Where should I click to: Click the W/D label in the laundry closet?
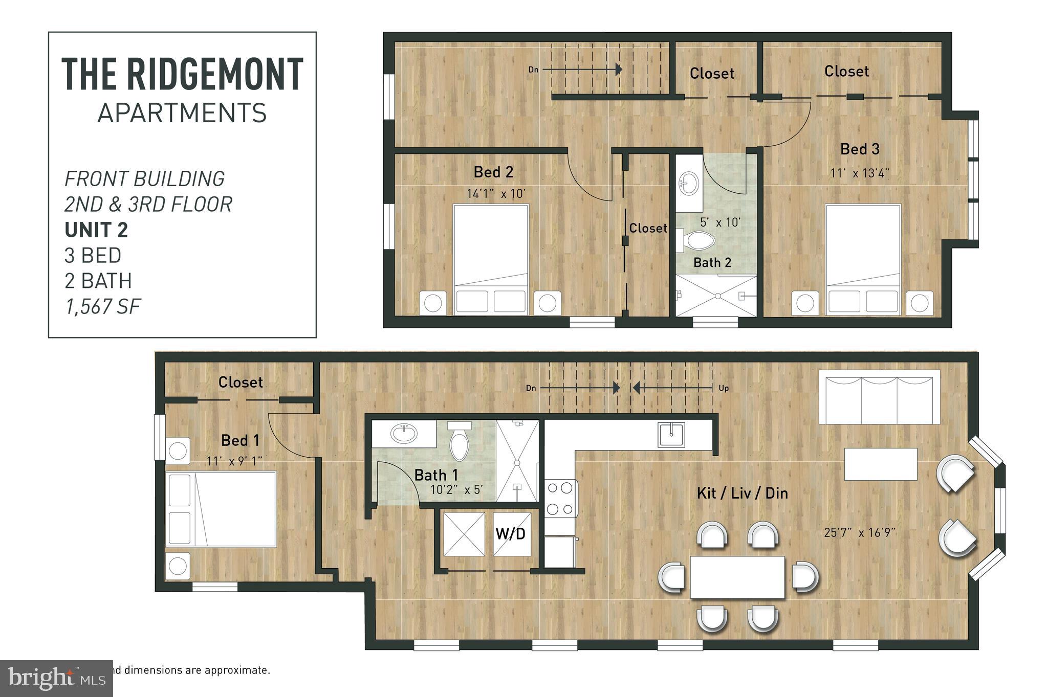[510, 534]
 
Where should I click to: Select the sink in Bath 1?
[404, 434]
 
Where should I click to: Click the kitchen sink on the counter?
[671, 435]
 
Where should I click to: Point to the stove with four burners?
[560, 498]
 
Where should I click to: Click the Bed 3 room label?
[860, 149]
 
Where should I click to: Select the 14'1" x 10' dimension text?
[496, 194]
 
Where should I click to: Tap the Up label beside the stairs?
[723, 388]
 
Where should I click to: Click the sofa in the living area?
[879, 397]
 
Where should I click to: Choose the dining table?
[737, 577]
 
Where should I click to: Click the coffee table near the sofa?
[880, 464]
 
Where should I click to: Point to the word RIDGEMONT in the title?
[214, 75]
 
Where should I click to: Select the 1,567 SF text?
[102, 306]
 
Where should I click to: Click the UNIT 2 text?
[96, 230]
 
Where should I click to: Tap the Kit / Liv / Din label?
[742, 493]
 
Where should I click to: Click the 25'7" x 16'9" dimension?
[859, 532]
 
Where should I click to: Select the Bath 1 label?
[436, 475]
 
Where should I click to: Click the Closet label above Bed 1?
[241, 382]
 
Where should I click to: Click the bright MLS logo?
[56, 678]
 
